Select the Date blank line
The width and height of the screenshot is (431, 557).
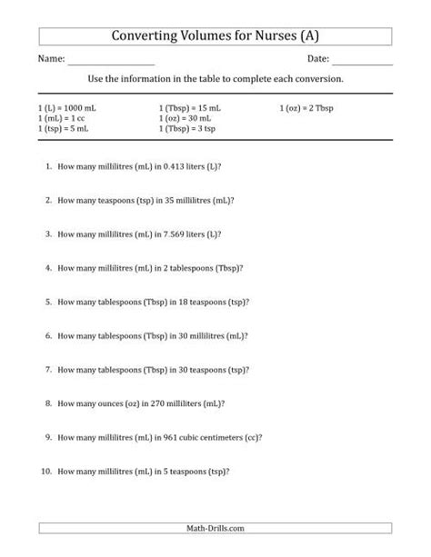(362, 64)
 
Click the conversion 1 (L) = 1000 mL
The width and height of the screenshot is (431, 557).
(65, 107)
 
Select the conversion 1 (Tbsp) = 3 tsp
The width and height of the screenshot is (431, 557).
(187, 129)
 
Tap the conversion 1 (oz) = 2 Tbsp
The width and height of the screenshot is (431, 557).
(309, 107)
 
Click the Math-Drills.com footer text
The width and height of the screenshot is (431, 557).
(215, 527)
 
